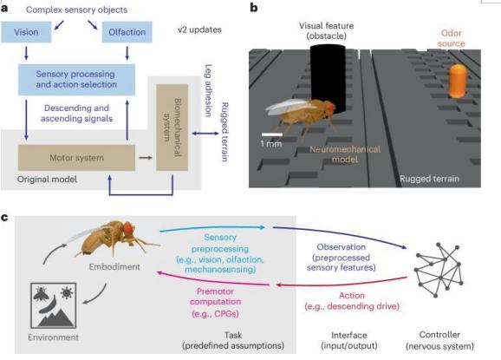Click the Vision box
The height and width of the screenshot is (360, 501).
coord(26,32)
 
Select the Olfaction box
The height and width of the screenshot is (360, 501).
coord(127,32)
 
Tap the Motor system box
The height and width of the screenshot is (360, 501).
coord(76,158)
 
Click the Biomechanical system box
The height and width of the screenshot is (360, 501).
coord(172,128)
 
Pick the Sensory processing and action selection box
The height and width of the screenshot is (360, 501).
coord(76,79)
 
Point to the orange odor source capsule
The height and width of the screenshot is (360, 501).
coord(458,82)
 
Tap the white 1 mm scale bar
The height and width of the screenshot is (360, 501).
coord(272,134)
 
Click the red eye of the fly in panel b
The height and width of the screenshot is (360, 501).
coord(330,107)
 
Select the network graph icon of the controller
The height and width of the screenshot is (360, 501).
coord(439,270)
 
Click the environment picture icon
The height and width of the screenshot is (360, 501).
coord(54,305)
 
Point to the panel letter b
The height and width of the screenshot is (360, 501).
coord(254,8)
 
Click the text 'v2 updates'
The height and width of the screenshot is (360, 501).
coord(199,29)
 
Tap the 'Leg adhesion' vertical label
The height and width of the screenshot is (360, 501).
coord(208,90)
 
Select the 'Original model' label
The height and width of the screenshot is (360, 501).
coord(47,179)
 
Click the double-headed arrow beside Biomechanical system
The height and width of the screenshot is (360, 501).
coord(205,134)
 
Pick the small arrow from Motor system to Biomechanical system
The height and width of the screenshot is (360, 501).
coord(146,158)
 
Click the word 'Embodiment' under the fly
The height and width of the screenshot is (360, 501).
coord(114,266)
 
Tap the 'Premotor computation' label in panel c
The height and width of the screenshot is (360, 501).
coord(215,297)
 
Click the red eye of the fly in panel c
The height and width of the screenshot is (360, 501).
coord(127,227)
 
